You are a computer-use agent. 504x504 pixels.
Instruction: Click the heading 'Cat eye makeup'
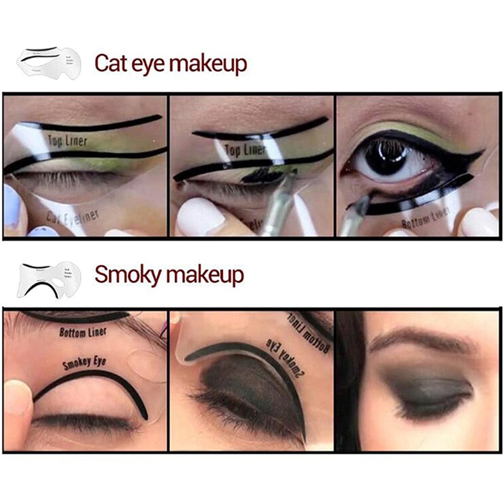click(x=170, y=64)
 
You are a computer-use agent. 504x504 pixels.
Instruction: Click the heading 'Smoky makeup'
click(x=169, y=275)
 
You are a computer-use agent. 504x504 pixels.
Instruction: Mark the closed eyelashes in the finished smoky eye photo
click(x=428, y=409)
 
